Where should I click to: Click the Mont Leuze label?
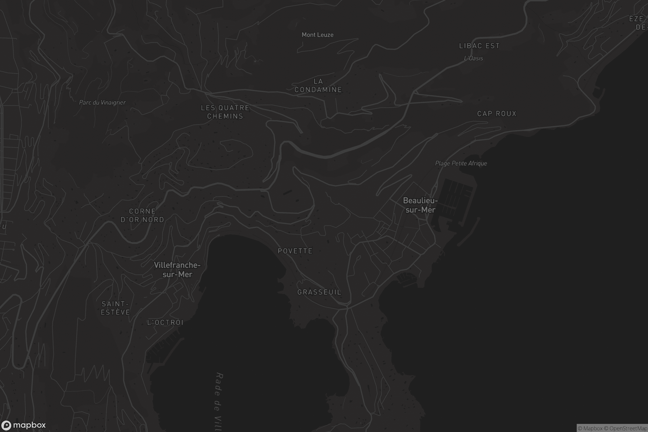(x=318, y=35)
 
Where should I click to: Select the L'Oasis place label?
(x=473, y=58)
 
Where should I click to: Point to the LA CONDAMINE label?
(x=318, y=85)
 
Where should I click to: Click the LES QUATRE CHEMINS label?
(x=225, y=112)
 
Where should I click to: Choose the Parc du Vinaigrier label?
(x=102, y=103)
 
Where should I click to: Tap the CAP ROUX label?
(x=497, y=113)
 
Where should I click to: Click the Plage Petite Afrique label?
(x=461, y=163)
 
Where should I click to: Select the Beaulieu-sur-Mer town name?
(x=420, y=205)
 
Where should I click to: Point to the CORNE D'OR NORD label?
(x=143, y=215)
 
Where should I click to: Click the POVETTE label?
(x=295, y=251)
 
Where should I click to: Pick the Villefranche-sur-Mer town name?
(x=177, y=269)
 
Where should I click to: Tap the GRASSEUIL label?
(x=319, y=292)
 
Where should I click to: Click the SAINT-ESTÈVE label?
(x=115, y=308)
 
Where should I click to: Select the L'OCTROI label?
(x=165, y=322)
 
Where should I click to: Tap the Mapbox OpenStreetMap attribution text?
(x=612, y=428)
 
